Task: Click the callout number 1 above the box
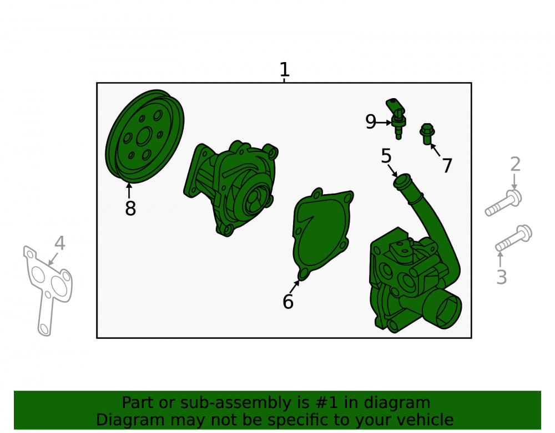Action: (x=285, y=70)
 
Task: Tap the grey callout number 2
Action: (x=516, y=164)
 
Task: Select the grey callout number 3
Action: (x=502, y=277)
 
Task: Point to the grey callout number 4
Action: (x=60, y=243)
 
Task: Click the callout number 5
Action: (x=386, y=156)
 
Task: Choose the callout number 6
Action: (x=287, y=302)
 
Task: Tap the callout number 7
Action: (x=447, y=165)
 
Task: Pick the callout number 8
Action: (x=130, y=208)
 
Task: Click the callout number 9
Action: (x=371, y=121)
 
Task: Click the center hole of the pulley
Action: (x=144, y=136)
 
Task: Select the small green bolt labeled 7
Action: (x=427, y=134)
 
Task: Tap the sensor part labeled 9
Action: (x=396, y=119)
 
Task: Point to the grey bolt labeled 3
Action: (x=513, y=238)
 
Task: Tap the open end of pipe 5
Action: (x=402, y=180)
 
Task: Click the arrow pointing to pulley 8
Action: (x=129, y=191)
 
